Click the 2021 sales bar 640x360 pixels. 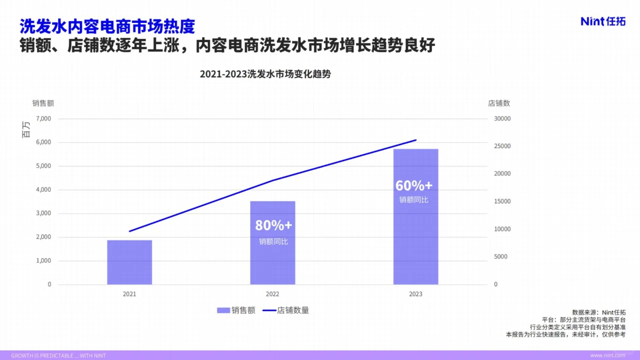tap(129, 262)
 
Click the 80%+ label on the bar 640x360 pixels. tap(273, 225)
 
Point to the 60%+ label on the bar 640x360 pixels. tap(413, 185)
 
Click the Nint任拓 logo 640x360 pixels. tap(603, 21)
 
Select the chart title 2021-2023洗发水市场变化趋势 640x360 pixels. tap(265, 74)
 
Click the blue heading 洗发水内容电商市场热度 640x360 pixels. tap(107, 26)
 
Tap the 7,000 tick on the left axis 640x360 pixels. tap(43, 118)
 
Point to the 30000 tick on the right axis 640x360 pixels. tap(502, 118)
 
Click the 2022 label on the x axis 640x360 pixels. tap(272, 294)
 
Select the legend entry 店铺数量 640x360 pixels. tap(286, 310)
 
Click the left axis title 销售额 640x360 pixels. tap(43, 103)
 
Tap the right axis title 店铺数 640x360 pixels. tap(498, 103)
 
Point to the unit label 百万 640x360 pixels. tap(26, 130)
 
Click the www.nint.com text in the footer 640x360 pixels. tap(607, 355)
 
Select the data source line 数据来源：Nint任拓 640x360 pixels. tap(598, 312)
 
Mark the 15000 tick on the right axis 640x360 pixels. tap(502, 201)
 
